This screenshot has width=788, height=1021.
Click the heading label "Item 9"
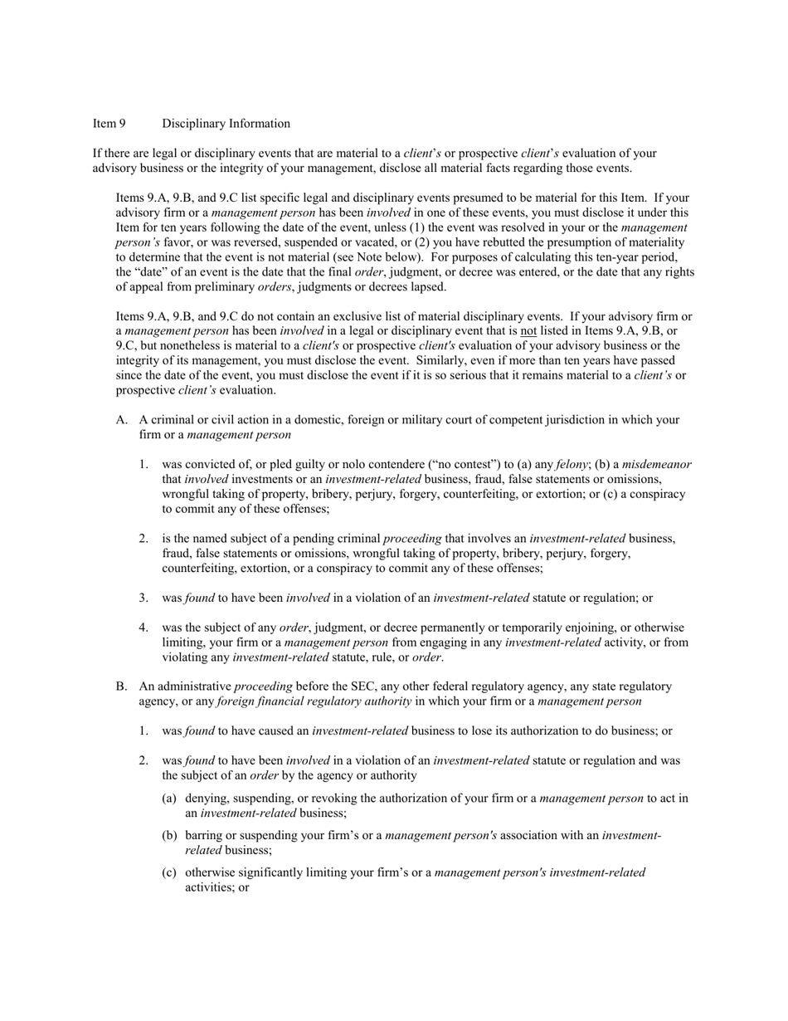pyautogui.click(x=109, y=124)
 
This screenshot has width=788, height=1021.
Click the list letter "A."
pyautogui.click(x=121, y=420)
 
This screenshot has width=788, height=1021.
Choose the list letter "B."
pyautogui.click(x=121, y=686)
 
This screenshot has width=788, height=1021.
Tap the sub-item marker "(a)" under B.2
pyautogui.click(x=169, y=799)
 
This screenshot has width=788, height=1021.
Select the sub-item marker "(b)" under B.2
pyautogui.click(x=169, y=835)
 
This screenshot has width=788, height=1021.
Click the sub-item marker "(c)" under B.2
pyautogui.click(x=169, y=872)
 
